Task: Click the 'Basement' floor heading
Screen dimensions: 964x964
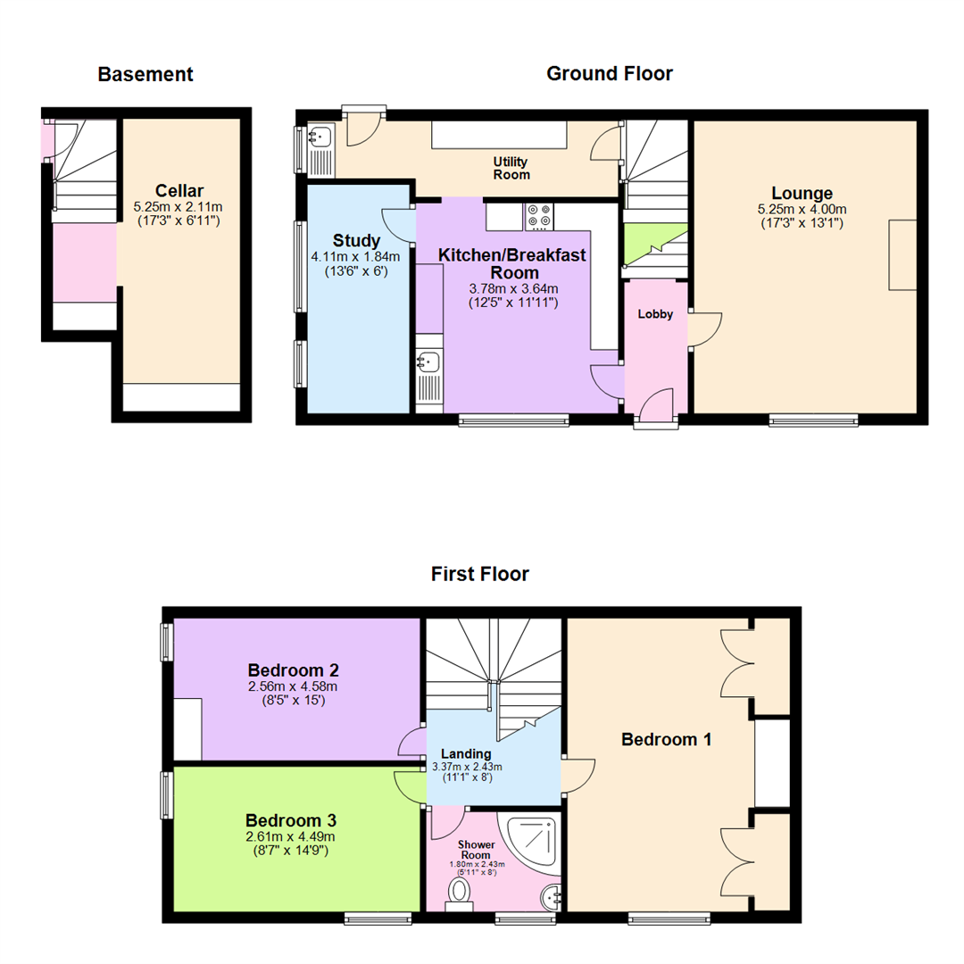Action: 145,74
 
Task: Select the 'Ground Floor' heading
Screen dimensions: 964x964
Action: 610,73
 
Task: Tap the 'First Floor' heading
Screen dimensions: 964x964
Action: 479,574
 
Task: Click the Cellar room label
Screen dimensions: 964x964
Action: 179,190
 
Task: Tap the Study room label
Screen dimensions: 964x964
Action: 356,240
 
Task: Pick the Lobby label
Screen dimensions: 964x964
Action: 654,314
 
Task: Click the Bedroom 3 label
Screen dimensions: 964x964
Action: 292,819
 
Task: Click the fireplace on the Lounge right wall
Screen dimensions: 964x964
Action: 902,254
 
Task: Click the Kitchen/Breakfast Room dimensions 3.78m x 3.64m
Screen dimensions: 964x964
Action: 513,288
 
